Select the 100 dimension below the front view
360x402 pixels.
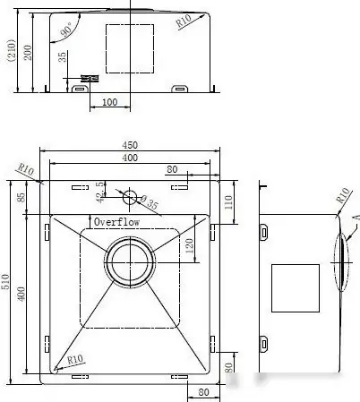point(109,102)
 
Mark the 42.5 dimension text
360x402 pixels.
point(100,191)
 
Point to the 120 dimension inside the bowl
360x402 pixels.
point(189,246)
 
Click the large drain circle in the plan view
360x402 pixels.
point(130,262)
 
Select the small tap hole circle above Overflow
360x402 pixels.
point(131,195)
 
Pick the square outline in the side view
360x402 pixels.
point(295,287)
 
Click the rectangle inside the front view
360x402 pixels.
point(131,47)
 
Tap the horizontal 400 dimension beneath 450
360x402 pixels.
point(131,158)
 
